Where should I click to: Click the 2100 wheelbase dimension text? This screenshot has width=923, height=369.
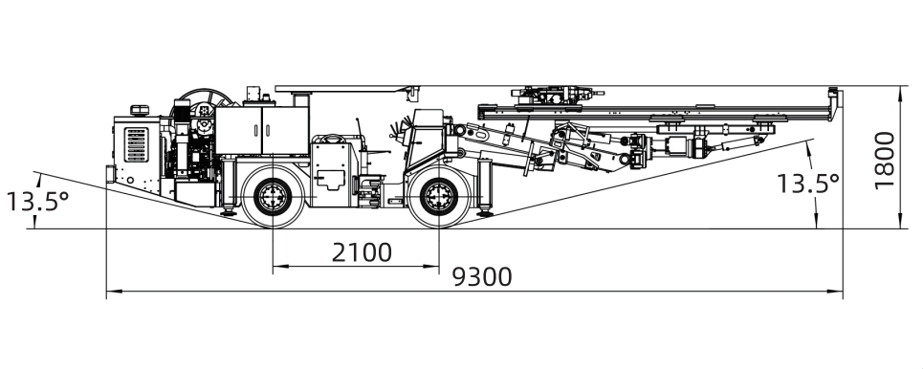pos(362,252)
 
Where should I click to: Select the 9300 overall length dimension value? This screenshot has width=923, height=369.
pos(482,276)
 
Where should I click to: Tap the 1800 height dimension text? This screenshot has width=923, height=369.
pos(884,160)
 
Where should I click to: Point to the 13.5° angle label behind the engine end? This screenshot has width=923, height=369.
pos(37,202)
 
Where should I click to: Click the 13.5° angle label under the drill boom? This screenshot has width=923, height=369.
pos(807,184)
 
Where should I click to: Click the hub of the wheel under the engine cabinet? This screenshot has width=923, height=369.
pos(274,197)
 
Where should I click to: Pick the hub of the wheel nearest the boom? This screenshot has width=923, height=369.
pos(438,197)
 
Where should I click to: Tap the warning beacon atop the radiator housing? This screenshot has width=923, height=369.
pos(140,110)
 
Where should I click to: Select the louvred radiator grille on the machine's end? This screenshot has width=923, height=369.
pos(136,144)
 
